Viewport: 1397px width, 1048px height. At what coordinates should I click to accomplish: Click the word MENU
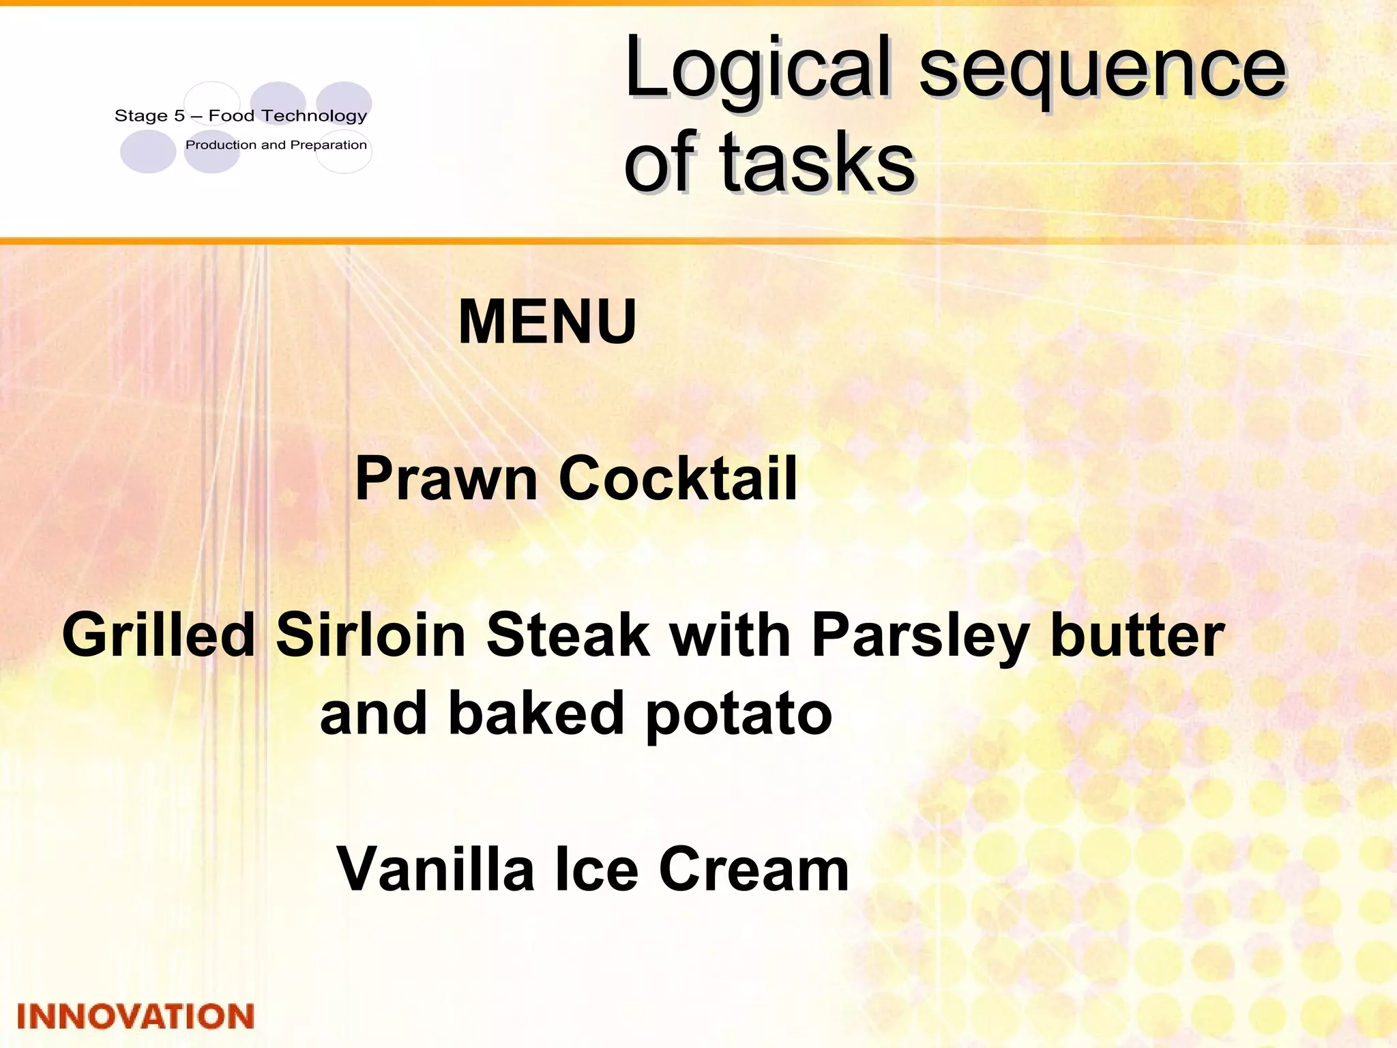(x=547, y=322)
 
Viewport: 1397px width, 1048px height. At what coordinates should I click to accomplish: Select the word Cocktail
(x=678, y=479)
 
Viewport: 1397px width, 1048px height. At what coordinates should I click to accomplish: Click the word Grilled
(x=158, y=636)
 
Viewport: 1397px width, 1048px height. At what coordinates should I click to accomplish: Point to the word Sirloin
(x=370, y=636)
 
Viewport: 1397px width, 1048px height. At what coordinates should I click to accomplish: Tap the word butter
(x=1138, y=636)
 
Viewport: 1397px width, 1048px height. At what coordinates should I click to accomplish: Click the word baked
(x=535, y=714)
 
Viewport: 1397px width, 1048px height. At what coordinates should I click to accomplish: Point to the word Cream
(x=754, y=870)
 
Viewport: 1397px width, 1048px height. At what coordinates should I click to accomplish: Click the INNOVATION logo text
(x=136, y=1017)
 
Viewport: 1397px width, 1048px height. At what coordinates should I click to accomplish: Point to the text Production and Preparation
(x=276, y=145)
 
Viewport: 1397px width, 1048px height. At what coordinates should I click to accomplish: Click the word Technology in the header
(x=315, y=116)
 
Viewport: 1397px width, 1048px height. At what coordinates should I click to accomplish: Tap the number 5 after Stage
(x=179, y=116)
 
